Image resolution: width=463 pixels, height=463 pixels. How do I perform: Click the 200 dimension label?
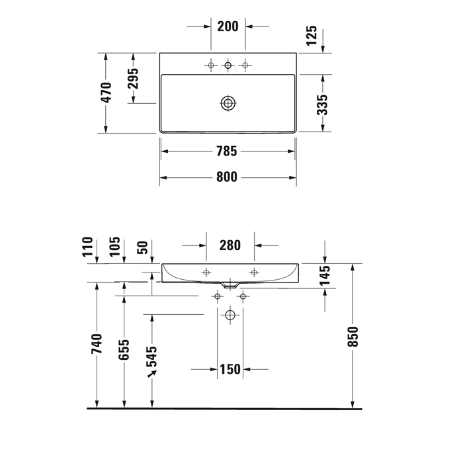(228, 26)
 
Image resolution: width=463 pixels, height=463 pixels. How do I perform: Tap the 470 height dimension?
(106, 93)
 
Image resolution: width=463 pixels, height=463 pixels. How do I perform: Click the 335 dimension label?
(322, 104)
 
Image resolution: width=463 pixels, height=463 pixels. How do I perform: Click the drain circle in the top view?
(228, 103)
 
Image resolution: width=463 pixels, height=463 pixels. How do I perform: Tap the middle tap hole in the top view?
(228, 65)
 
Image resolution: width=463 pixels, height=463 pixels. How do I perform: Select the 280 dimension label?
(230, 245)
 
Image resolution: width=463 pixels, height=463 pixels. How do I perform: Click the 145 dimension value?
(325, 276)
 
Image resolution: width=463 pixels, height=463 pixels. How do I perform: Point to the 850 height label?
(353, 336)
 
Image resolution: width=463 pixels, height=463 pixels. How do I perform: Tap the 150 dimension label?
(230, 369)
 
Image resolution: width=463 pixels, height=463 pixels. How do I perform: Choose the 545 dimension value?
(152, 357)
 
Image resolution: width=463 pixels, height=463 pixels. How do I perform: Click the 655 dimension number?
(124, 350)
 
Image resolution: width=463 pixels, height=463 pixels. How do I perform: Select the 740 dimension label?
(97, 344)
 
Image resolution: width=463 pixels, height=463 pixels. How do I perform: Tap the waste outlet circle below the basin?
(230, 315)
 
